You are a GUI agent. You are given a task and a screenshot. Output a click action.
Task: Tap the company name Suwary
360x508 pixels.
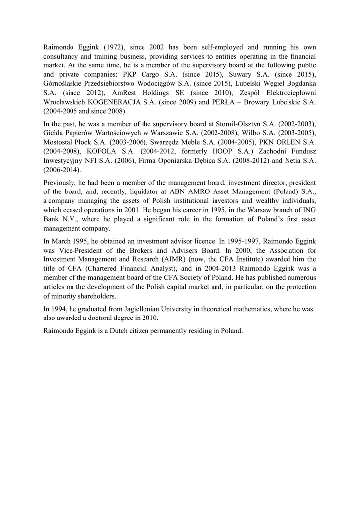241,75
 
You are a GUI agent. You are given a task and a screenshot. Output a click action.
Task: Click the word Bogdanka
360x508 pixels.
298,84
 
